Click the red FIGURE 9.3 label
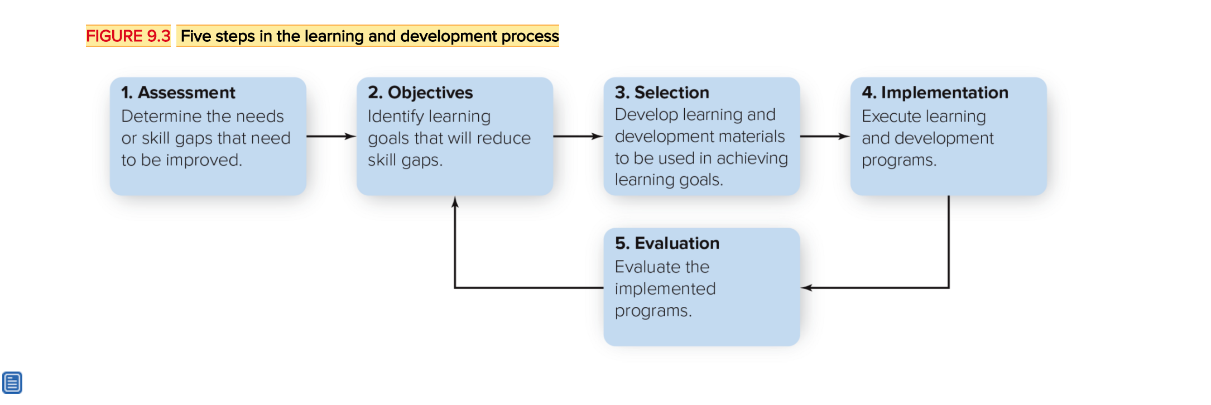[x=128, y=36]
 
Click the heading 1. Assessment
[x=178, y=93]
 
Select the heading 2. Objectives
[x=420, y=93]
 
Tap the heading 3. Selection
[x=662, y=93]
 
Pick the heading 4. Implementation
[x=935, y=93]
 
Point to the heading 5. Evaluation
[x=667, y=243]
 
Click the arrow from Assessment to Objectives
[x=331, y=136]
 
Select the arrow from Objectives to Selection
[x=578, y=136]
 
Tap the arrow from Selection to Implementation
[x=825, y=136]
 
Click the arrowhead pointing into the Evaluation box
[x=806, y=288]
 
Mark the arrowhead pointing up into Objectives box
[x=455, y=202]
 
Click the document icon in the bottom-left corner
[x=12, y=383]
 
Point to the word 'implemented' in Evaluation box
[x=665, y=289]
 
